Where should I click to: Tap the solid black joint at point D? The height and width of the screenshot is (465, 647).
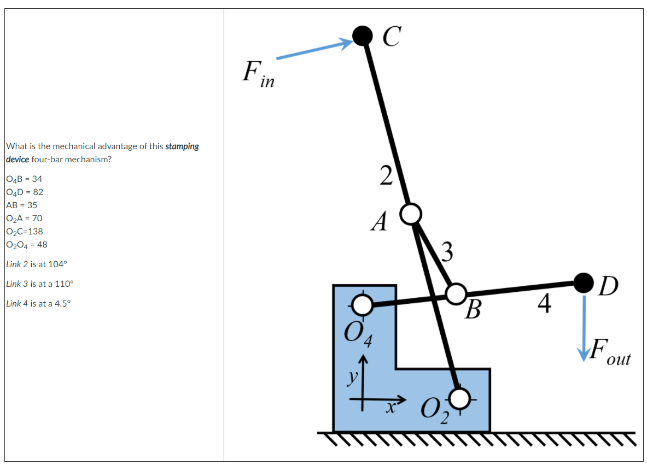584,282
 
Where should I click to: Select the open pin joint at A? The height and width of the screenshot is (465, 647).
411,213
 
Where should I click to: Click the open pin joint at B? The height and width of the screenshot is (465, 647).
456,293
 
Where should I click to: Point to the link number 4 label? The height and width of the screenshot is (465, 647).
544,304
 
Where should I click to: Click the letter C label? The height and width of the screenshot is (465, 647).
391,37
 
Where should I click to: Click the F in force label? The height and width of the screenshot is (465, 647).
258,74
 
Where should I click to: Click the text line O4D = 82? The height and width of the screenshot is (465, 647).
25,192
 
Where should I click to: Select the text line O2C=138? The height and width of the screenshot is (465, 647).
24,231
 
